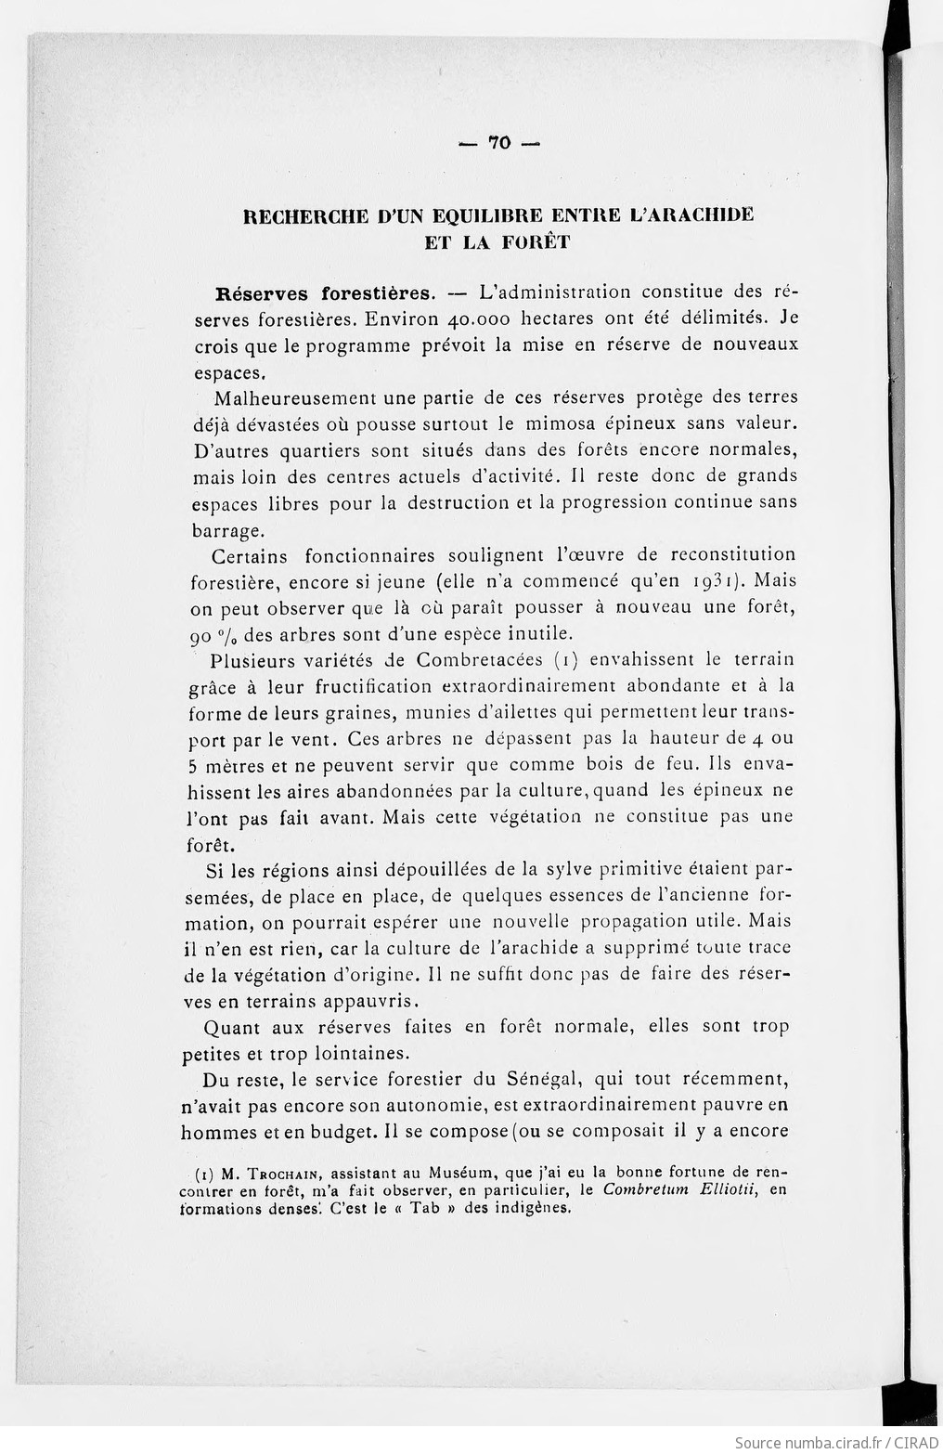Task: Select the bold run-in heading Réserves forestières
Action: pos(325,293)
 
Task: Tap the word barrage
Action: pos(228,532)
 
